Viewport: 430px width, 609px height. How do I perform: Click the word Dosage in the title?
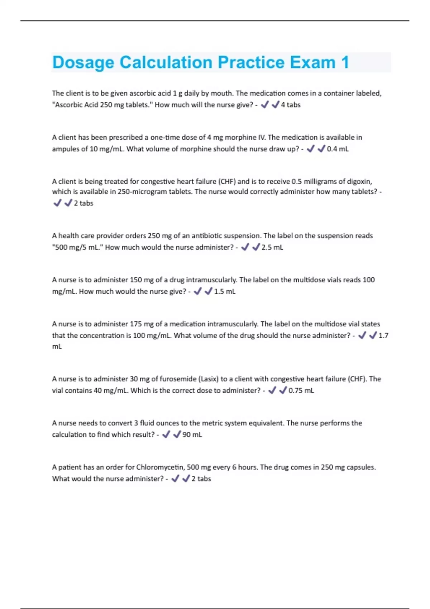tap(83, 63)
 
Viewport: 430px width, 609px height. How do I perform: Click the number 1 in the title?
tap(345, 62)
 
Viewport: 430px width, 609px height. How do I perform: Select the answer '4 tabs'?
tap(291, 105)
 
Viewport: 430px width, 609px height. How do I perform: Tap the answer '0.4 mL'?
tap(338, 149)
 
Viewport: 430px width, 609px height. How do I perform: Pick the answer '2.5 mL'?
tap(272, 248)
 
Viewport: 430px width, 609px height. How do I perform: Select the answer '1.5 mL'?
tap(225, 292)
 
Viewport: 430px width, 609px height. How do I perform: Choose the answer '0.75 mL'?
tap(301, 391)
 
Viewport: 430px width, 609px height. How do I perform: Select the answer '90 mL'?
tap(192, 435)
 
